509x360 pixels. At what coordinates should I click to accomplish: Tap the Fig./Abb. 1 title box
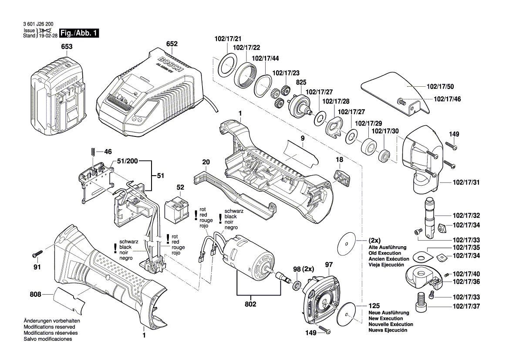[x=80, y=33]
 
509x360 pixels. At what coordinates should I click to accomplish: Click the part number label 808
[x=35, y=295]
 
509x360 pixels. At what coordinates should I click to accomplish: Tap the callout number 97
[x=328, y=264]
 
